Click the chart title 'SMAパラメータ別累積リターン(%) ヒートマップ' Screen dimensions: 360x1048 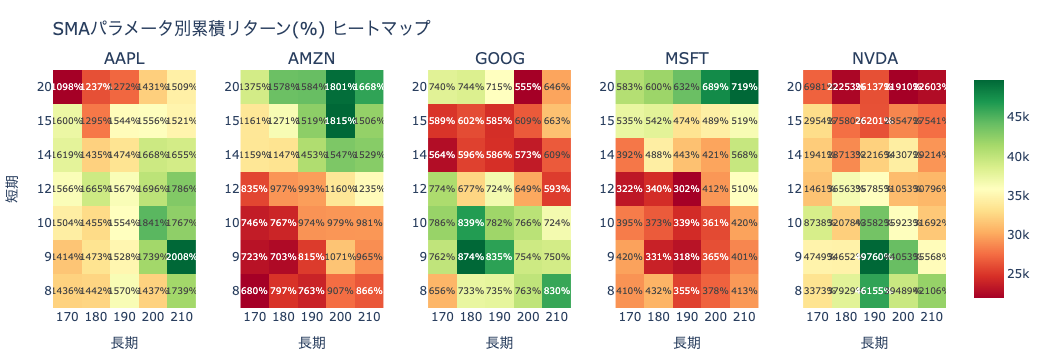[x=241, y=29]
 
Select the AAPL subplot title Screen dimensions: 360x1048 [x=125, y=57]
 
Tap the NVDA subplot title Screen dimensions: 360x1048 [x=875, y=57]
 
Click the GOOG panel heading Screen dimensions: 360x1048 [x=500, y=57]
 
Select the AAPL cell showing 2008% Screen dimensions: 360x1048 [x=182, y=256]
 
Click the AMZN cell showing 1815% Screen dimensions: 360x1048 [x=341, y=120]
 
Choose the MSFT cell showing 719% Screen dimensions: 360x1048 [x=744, y=87]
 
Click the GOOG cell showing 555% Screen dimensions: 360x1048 [x=528, y=87]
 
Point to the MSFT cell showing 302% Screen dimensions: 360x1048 [x=687, y=188]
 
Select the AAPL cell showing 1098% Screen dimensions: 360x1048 [x=68, y=87]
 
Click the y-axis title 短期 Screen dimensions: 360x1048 [x=12, y=188]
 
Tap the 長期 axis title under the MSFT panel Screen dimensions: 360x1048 [x=687, y=342]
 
